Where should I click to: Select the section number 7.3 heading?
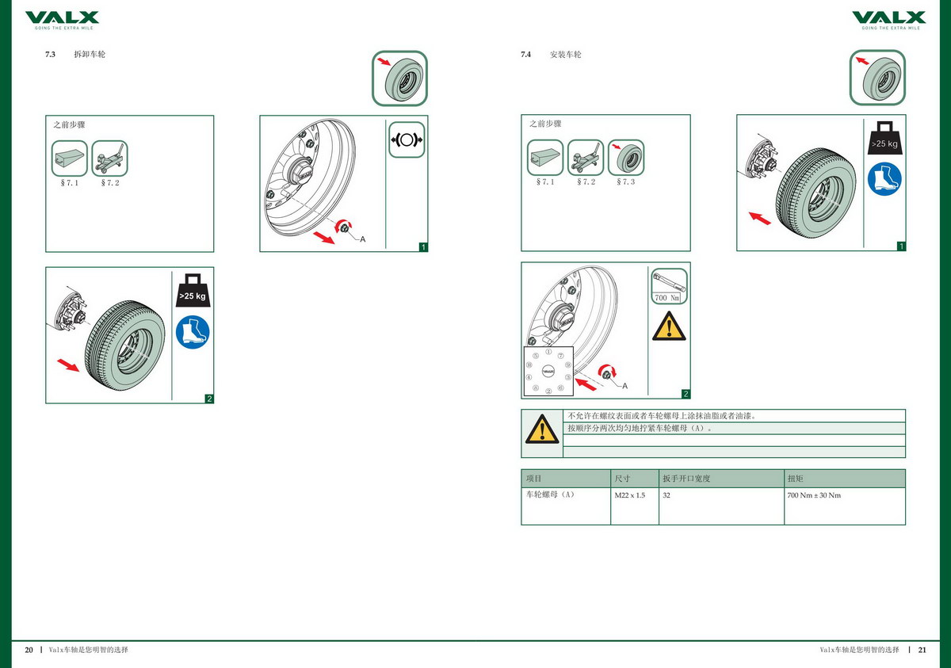coord(51,55)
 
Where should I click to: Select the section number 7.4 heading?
coord(525,55)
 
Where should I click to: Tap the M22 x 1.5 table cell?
coord(630,495)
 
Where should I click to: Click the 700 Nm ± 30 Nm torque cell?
coord(814,495)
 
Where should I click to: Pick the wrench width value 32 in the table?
coord(666,495)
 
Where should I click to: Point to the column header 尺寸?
coord(623,479)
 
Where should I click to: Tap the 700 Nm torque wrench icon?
coord(670,286)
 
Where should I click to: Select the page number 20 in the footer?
coord(29,650)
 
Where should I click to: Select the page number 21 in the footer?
coord(922,650)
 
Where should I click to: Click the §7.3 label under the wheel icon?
coord(626,182)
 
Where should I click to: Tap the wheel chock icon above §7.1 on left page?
coord(70,158)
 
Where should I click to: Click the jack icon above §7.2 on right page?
coord(586,158)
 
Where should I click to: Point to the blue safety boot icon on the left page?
coord(193,332)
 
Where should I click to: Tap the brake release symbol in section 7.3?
coord(407,139)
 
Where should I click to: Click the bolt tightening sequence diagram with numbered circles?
coord(548,371)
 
